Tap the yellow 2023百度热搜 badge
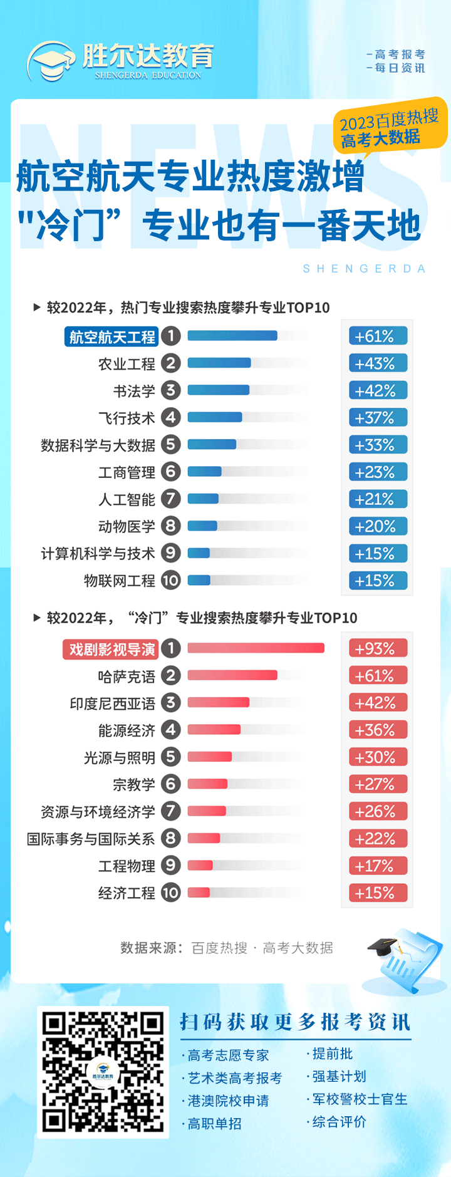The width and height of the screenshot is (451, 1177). (x=390, y=127)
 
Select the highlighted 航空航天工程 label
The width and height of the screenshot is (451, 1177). (x=111, y=337)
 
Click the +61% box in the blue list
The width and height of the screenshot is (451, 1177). (x=378, y=336)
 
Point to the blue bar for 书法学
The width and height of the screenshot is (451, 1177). (x=219, y=390)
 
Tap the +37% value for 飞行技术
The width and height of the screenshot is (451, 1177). (x=378, y=418)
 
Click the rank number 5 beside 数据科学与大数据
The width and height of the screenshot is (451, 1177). (x=170, y=445)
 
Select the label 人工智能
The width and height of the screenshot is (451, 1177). (x=127, y=499)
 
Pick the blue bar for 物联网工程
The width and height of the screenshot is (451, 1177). (x=199, y=580)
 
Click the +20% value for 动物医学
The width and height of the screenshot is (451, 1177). (x=378, y=526)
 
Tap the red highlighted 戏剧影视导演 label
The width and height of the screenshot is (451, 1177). (x=111, y=650)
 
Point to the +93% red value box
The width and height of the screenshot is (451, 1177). (x=378, y=648)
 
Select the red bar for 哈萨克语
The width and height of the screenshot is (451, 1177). (x=232, y=675)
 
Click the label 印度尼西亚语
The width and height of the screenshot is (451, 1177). (x=113, y=703)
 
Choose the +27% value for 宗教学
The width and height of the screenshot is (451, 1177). (x=378, y=784)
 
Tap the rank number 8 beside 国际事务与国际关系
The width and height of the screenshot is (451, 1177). (x=170, y=838)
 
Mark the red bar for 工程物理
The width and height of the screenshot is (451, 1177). (x=200, y=866)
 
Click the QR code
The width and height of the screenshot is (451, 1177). (x=103, y=1072)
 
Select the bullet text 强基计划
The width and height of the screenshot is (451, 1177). (x=339, y=1076)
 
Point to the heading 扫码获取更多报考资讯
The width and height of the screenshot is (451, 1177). (x=295, y=1022)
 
